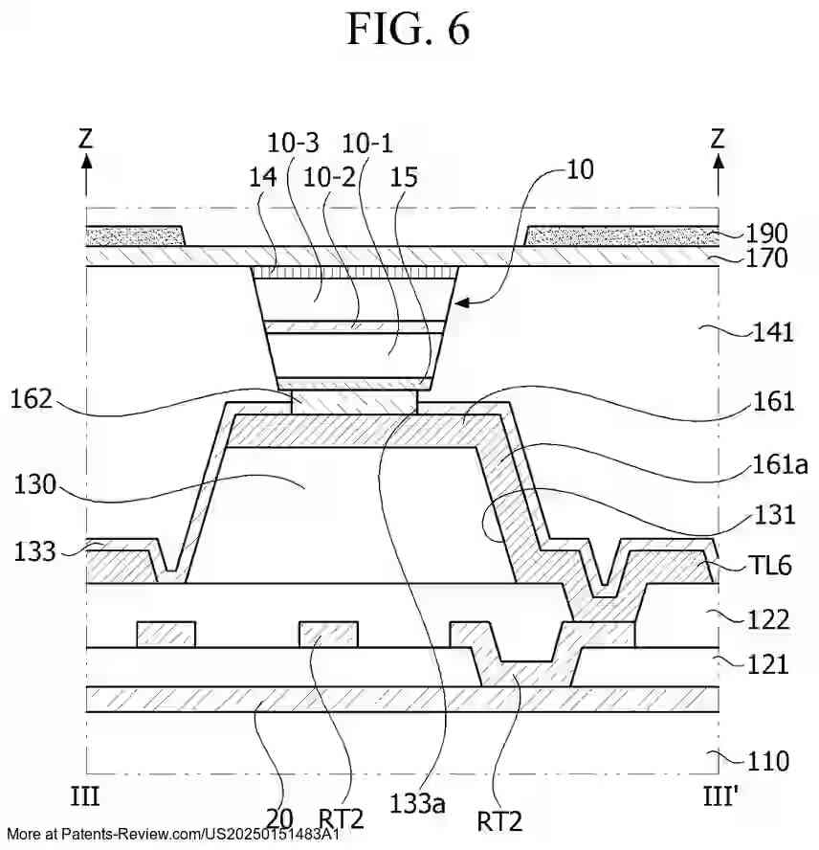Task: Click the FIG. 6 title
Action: point(409,30)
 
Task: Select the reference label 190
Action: point(768,234)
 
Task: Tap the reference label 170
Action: point(768,257)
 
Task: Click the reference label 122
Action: point(769,620)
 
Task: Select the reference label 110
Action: point(769,761)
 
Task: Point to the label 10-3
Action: point(293,144)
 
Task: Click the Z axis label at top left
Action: point(86,139)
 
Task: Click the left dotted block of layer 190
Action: point(134,235)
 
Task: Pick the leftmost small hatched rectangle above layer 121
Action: point(166,635)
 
